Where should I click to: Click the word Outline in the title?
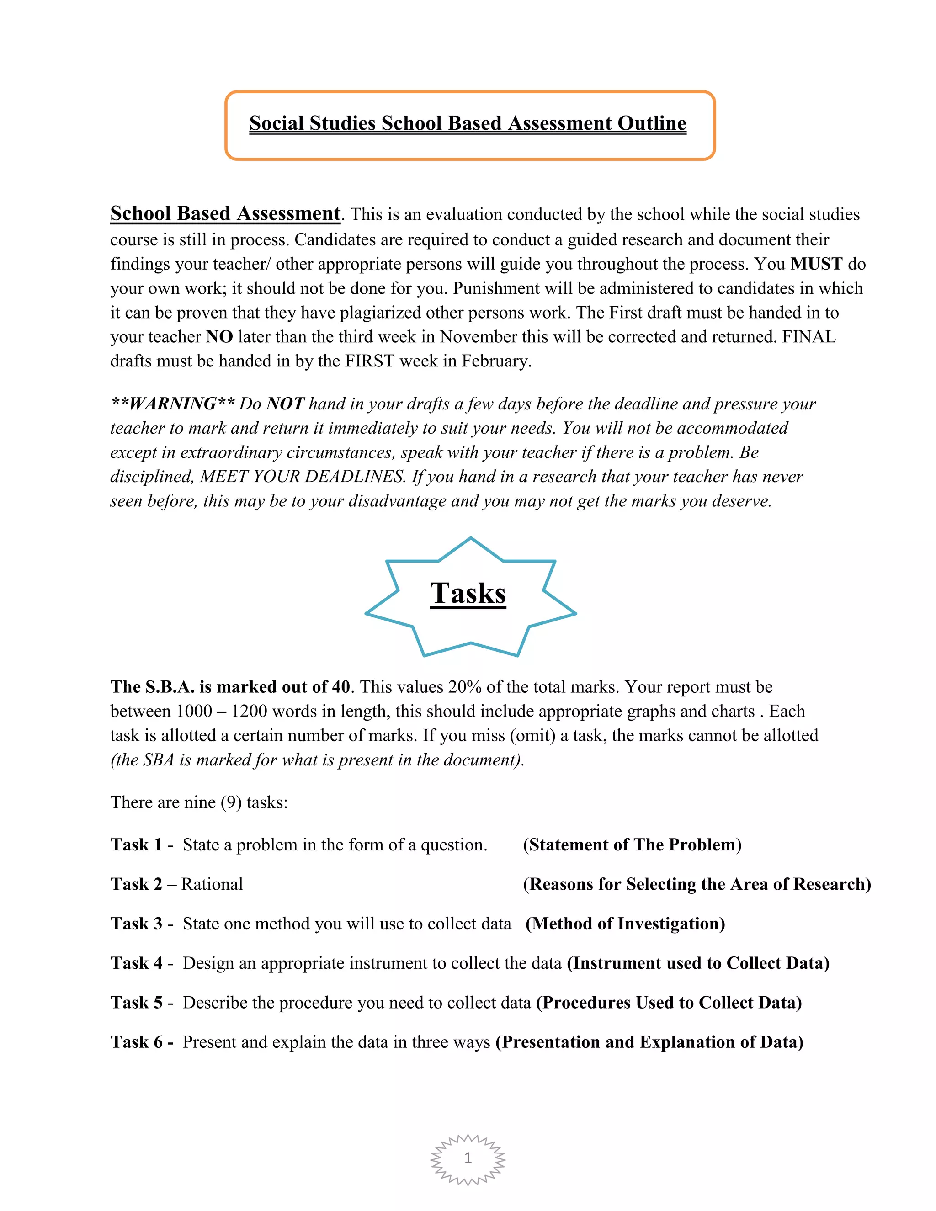pos(652,123)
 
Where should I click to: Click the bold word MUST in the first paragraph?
pos(816,264)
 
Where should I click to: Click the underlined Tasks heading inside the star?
pos(468,593)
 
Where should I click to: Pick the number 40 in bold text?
pos(340,687)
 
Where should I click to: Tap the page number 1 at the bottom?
pos(468,1158)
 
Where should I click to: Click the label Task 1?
pos(136,845)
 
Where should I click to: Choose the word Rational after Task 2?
pos(212,884)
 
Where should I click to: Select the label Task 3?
pos(136,924)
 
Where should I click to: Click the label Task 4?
pos(136,963)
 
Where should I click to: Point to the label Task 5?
pos(136,1003)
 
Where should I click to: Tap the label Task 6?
pos(136,1042)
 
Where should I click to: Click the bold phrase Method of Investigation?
pos(625,924)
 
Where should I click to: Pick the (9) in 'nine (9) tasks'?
pos(231,802)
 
